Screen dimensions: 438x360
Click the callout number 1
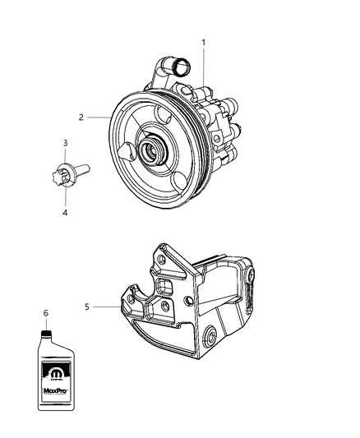click(204, 41)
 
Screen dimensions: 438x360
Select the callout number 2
click(81, 118)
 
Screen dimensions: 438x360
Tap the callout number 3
click(65, 144)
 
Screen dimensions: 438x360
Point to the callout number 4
click(65, 212)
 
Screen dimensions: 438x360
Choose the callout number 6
click(47, 313)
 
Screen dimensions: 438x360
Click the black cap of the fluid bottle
click(47, 333)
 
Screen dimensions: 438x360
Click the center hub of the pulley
click(153, 152)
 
